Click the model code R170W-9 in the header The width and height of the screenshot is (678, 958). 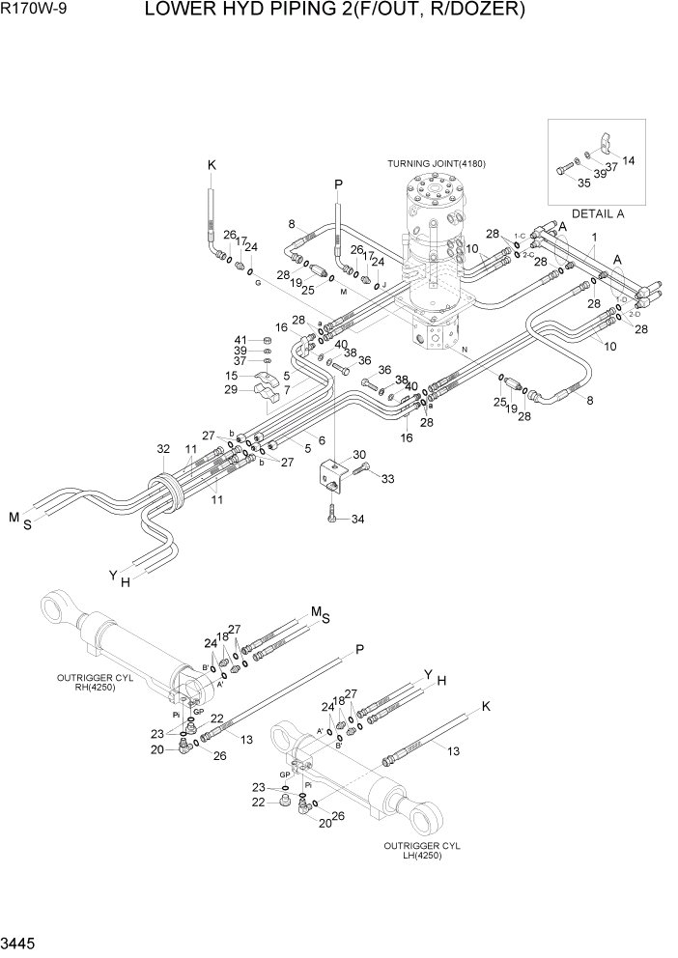34,11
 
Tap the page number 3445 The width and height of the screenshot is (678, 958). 21,942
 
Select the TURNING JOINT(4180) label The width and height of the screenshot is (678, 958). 437,163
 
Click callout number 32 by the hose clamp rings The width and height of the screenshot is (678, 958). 162,449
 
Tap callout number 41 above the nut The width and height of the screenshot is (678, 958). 240,340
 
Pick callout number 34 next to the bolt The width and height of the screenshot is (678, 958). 357,521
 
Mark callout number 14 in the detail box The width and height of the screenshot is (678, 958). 629,160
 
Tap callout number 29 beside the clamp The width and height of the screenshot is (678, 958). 230,389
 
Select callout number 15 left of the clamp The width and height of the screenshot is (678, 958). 232,376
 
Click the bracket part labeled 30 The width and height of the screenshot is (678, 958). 331,475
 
